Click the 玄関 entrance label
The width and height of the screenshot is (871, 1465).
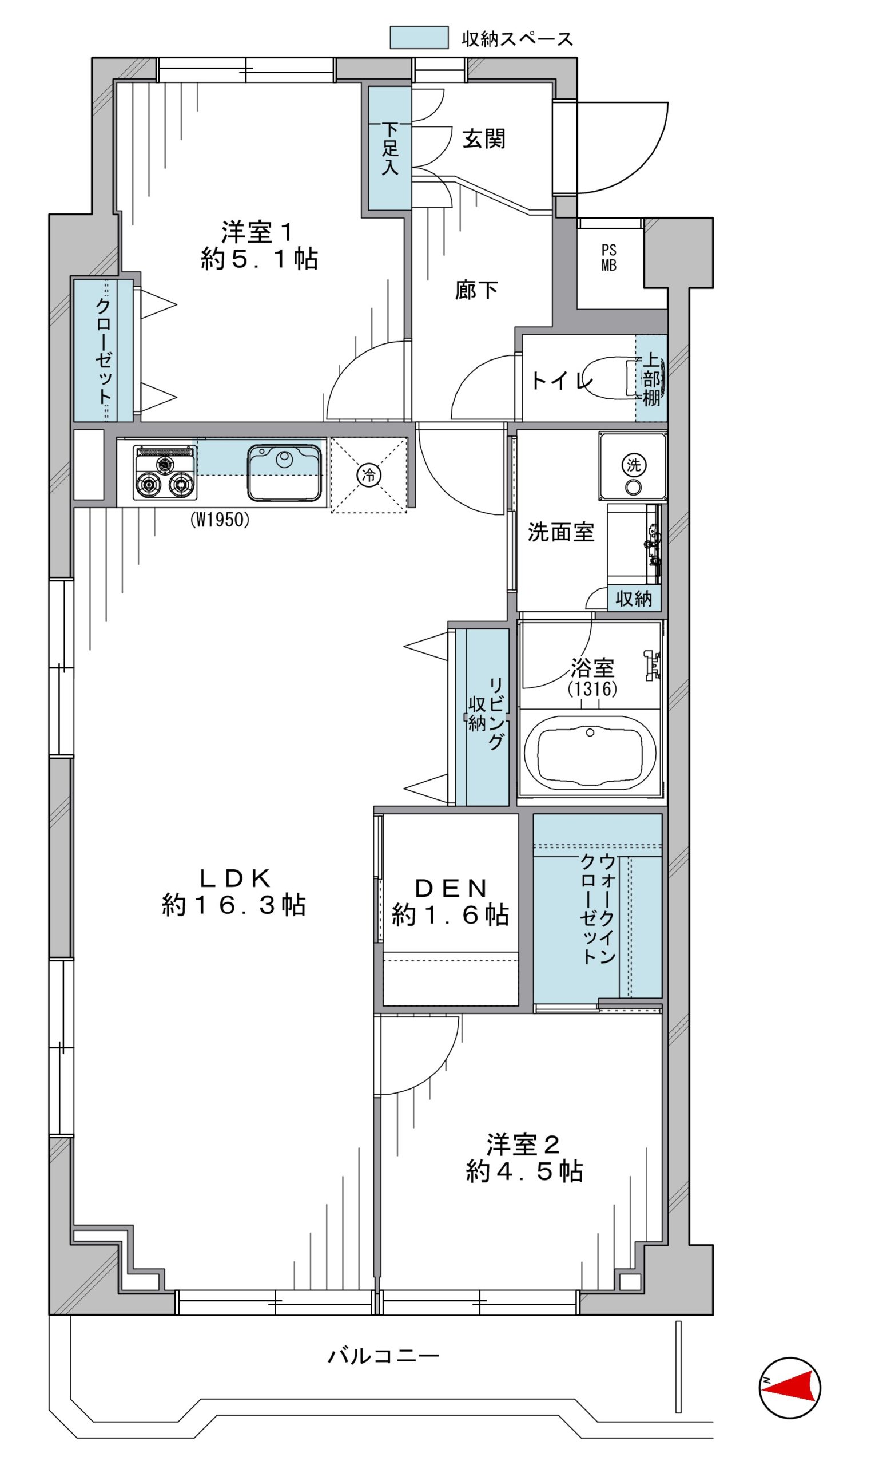click(x=484, y=139)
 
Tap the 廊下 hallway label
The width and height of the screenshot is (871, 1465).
click(x=476, y=290)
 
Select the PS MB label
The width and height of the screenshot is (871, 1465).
click(x=609, y=258)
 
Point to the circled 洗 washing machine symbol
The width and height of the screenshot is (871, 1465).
click(x=634, y=465)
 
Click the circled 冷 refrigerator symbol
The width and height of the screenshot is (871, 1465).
click(x=369, y=474)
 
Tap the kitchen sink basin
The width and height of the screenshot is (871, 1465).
click(x=285, y=472)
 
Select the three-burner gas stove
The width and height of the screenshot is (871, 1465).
click(x=165, y=473)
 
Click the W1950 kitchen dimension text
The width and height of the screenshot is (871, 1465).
click(x=220, y=520)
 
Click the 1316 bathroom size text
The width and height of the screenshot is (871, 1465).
click(x=592, y=689)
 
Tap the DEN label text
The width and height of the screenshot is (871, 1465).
click(x=451, y=888)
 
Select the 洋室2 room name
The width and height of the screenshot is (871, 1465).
click(x=523, y=1145)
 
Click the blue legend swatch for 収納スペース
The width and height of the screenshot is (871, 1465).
click(x=419, y=38)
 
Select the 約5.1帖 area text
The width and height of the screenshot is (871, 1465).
click(x=260, y=258)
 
